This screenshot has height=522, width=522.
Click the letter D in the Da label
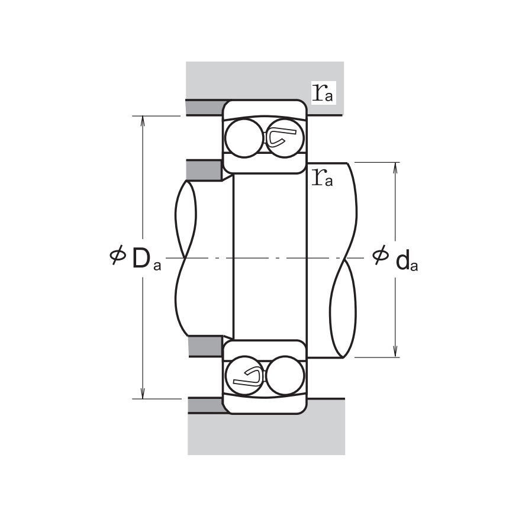[x=141, y=259]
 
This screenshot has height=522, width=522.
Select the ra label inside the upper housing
[x=323, y=92]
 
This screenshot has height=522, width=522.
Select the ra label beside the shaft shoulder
[x=323, y=177]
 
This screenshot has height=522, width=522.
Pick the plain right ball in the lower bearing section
[x=285, y=375]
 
